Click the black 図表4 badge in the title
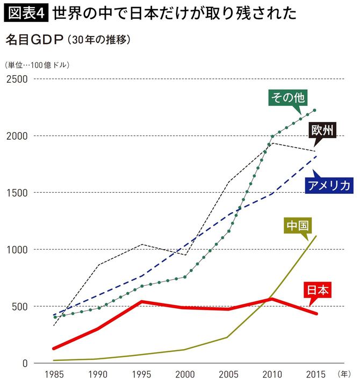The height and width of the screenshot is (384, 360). point(27,13)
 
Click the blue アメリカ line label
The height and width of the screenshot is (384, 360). point(329,185)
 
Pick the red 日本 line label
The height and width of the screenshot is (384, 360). point(318,290)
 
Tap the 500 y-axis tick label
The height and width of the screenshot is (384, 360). point(19,306)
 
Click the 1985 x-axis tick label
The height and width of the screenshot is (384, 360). point(54,373)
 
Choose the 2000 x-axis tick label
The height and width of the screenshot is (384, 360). point(185,373)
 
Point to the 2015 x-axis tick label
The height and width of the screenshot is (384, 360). point(315,373)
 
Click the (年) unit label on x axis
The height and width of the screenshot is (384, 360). point(344,373)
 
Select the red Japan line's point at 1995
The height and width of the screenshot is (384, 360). point(141,302)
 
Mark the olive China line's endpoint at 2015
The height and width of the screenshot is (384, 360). point(316,236)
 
